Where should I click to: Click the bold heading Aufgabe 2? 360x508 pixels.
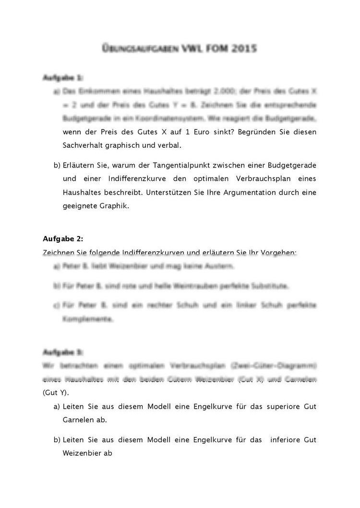(x=63, y=239)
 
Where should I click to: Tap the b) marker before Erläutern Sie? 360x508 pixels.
(x=57, y=165)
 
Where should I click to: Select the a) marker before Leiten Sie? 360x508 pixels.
(x=57, y=406)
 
